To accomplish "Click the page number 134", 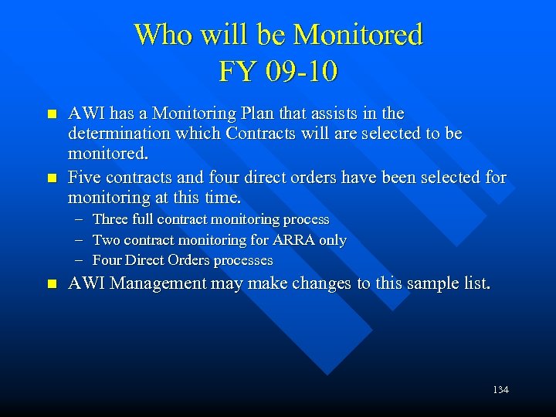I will pyautogui.click(x=500, y=390).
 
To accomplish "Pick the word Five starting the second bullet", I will pyautogui.click(x=84, y=178).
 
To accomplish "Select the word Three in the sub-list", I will pyautogui.click(x=110, y=219).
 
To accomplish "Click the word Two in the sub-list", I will pyautogui.click(x=107, y=240).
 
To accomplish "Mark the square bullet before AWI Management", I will pyautogui.click(x=52, y=284).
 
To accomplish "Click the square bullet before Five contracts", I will pyautogui.click(x=52, y=178).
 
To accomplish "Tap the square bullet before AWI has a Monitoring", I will pyautogui.click(x=52, y=114).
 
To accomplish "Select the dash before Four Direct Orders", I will pyautogui.click(x=80, y=261).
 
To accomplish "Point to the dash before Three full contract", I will pyautogui.click(x=80, y=220).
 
